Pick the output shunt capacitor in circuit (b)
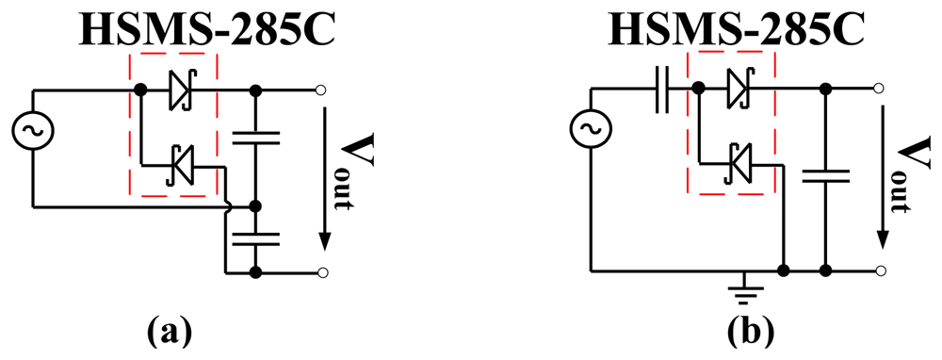pos(825,175)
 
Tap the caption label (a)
pos(170,332)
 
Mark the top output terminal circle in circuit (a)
pos(322,90)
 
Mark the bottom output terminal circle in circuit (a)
pos(322,272)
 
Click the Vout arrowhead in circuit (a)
pos(323,239)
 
